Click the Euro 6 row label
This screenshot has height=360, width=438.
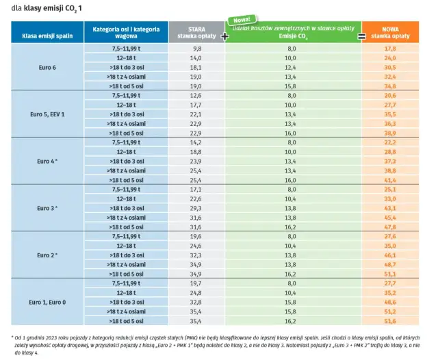point(47,68)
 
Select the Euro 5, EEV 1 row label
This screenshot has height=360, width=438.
point(47,114)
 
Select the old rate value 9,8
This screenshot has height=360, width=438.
point(197,49)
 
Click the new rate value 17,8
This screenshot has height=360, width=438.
point(391,49)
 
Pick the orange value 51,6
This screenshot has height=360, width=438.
point(391,320)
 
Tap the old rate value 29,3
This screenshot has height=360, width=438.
point(196,207)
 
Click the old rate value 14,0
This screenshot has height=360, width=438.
point(196,59)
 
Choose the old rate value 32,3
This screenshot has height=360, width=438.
point(196,254)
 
